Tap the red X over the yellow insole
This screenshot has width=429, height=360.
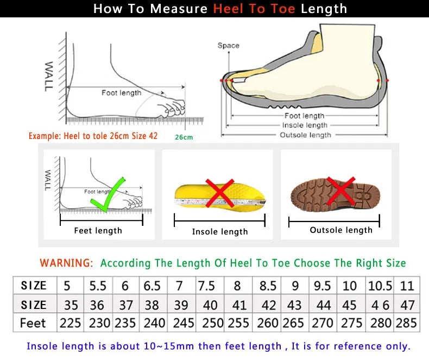coord(219,193)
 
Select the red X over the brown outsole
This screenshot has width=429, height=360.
coord(340,192)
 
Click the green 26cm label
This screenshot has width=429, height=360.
coord(184,137)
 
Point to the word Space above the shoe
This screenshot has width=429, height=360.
coord(228,46)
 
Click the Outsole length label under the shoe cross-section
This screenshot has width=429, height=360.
coord(305,135)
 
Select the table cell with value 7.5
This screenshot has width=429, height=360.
coord(206,286)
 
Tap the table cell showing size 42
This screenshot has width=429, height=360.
coord(268,305)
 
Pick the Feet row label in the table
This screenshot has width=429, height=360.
coord(33,323)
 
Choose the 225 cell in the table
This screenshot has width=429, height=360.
coord(70,323)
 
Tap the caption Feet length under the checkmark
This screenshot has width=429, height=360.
coord(98,231)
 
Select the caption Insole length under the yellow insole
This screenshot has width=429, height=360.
coord(219,232)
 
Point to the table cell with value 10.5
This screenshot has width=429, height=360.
coord(380,286)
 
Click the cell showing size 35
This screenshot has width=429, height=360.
coord(70,305)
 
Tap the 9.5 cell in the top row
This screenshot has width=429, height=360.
coord(323,286)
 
